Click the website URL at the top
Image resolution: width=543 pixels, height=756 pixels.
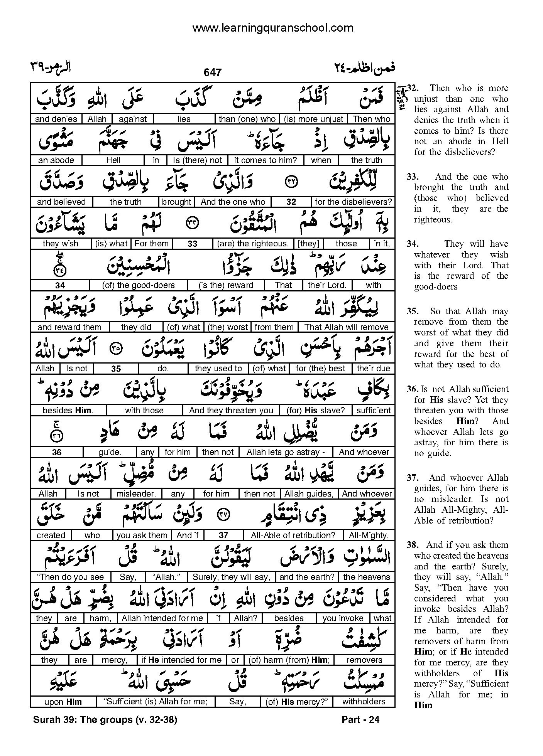click(272, 28)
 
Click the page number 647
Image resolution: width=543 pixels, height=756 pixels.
click(213, 72)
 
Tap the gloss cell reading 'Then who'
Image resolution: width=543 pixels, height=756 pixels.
click(371, 119)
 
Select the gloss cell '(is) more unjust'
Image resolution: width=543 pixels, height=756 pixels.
click(313, 119)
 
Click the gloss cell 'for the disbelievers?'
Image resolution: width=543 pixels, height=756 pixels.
click(353, 202)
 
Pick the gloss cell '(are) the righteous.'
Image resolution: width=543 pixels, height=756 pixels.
click(253, 244)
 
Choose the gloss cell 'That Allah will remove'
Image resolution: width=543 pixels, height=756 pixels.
click(346, 327)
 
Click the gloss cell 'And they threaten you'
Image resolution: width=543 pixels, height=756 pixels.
click(231, 411)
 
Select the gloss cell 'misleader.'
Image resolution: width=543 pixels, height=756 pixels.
click(136, 494)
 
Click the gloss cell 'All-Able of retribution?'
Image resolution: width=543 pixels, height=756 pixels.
click(293, 535)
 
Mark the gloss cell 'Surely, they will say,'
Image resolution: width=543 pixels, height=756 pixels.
click(232, 577)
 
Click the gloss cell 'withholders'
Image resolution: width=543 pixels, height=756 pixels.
click(364, 702)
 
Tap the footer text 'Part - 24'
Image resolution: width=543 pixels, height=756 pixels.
click(360, 720)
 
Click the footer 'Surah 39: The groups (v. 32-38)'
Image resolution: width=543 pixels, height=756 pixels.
click(105, 720)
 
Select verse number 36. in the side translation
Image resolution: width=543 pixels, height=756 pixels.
click(412, 389)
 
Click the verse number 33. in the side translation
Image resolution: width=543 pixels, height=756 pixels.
click(412, 177)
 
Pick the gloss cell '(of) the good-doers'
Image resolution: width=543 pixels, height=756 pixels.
click(138, 285)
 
